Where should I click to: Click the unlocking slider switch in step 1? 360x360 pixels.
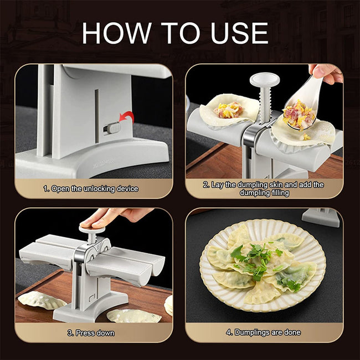tap(113, 128)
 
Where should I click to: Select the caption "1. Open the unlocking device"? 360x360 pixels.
tap(91, 189)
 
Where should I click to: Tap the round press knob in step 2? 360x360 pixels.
tap(261, 81)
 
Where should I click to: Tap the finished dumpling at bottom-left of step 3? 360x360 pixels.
tap(42, 300)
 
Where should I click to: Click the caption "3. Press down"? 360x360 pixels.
tap(91, 333)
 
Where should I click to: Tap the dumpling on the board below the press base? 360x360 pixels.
tap(133, 316)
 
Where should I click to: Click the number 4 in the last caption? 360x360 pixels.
tap(229, 333)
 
